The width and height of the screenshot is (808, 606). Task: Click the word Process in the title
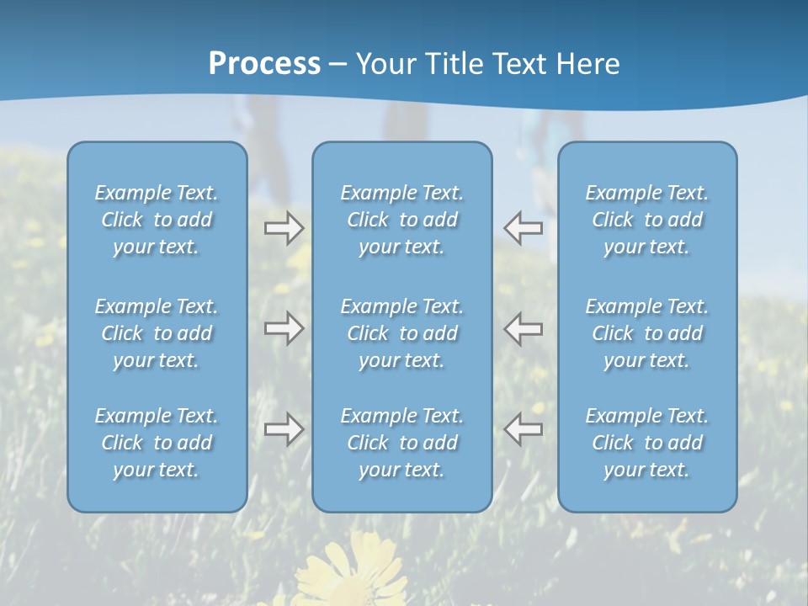(x=264, y=64)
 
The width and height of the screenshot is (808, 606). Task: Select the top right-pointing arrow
(x=284, y=228)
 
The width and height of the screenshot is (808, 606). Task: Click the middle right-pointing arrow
(x=284, y=328)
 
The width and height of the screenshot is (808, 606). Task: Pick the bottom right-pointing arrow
(x=284, y=429)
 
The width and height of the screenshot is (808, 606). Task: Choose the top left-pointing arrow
(x=523, y=228)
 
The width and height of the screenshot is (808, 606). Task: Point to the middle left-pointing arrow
(x=523, y=328)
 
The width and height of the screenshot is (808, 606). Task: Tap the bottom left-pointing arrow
(x=523, y=429)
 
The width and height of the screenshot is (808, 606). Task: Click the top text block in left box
(x=157, y=220)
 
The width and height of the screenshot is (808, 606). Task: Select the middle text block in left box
(x=157, y=333)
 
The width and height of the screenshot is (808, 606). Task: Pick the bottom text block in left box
(x=157, y=443)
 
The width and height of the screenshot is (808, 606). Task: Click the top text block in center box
(x=402, y=220)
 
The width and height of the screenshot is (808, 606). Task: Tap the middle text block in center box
(x=402, y=333)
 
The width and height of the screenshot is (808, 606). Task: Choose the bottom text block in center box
(x=402, y=443)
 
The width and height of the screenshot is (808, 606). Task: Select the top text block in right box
(x=647, y=220)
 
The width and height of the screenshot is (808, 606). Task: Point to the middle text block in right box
(x=647, y=333)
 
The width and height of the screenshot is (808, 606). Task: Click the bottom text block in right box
(x=647, y=443)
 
